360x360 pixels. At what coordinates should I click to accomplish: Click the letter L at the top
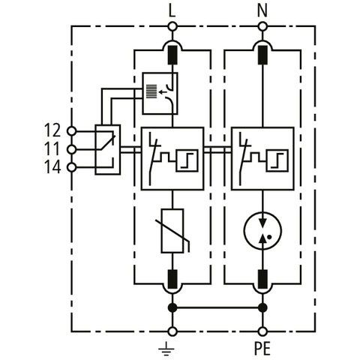point(172,11)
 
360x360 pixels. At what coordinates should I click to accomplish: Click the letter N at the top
point(262,11)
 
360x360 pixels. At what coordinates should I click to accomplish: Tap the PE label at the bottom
point(262,348)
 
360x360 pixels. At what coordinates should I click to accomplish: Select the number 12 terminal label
point(52,130)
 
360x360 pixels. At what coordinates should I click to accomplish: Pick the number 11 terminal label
point(52,148)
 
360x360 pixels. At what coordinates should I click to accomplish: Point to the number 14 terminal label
point(52,167)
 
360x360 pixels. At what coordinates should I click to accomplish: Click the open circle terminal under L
point(172,26)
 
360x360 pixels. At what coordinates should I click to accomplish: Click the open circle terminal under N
point(262,26)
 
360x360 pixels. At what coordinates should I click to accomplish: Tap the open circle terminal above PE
point(262,331)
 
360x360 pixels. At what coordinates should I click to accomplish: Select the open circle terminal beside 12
point(72,130)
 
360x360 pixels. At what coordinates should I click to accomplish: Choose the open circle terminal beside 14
point(72,167)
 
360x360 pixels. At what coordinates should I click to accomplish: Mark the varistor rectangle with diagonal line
point(172,231)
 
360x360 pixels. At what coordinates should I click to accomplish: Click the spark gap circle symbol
point(262,230)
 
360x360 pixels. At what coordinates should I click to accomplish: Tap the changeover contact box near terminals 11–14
point(107,149)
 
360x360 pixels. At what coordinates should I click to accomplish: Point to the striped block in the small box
point(151,91)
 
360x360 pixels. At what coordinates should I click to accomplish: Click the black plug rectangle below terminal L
point(172,55)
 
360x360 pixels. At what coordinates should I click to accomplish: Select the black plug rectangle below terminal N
point(262,55)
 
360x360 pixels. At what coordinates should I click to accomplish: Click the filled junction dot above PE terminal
point(262,307)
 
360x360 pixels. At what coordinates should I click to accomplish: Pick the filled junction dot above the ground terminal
point(172,307)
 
